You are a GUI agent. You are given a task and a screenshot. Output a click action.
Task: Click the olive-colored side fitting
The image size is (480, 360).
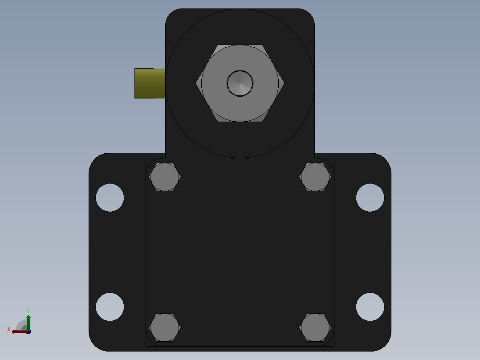point(150,83)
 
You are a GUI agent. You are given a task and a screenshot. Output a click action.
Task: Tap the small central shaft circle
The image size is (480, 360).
point(240,83)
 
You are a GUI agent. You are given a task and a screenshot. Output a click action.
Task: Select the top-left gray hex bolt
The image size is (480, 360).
point(165,177)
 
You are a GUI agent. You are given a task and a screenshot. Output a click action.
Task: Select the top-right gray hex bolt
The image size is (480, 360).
point(315,177)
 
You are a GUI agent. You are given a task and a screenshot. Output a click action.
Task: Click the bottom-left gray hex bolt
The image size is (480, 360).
point(165,327)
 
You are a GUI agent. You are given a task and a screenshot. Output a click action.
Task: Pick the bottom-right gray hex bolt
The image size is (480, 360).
point(315,327)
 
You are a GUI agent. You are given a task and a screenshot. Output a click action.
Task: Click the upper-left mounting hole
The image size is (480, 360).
point(110,198)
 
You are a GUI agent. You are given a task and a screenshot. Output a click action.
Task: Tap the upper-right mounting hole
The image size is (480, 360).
point(370,198)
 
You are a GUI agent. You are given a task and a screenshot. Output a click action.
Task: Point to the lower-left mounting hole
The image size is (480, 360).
point(110,307)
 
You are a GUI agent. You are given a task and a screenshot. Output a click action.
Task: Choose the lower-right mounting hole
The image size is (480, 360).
point(370,307)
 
